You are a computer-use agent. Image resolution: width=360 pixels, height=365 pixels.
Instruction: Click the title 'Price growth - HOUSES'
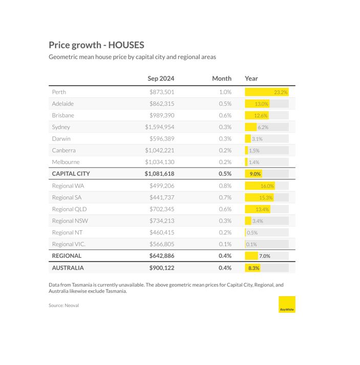[x=96, y=45]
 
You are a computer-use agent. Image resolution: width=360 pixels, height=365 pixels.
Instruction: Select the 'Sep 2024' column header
[x=161, y=78]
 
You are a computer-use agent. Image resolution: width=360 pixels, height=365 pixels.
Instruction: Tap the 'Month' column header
[x=222, y=78]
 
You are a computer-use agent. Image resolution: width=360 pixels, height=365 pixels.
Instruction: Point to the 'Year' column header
[x=251, y=78]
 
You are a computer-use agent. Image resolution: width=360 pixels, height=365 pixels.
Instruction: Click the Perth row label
[x=59, y=92]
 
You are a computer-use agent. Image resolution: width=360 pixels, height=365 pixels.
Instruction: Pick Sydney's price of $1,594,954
[x=160, y=127]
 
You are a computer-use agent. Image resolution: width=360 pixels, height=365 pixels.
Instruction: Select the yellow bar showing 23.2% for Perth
[x=267, y=92]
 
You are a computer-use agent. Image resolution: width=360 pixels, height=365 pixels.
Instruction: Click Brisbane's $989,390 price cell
[x=162, y=115]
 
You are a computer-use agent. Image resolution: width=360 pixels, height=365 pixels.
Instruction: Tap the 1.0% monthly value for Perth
[x=225, y=92]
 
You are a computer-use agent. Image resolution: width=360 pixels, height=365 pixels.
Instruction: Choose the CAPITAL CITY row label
[x=71, y=174]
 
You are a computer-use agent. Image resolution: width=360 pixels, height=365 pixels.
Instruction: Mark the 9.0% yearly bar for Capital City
[x=253, y=174]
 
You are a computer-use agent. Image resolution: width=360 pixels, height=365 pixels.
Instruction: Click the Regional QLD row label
[x=69, y=209]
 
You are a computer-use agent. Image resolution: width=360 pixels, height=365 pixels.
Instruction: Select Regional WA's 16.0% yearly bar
[x=260, y=186]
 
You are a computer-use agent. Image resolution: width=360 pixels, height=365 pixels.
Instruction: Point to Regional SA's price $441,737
[x=162, y=197]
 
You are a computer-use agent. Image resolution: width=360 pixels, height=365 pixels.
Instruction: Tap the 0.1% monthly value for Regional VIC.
[x=225, y=244]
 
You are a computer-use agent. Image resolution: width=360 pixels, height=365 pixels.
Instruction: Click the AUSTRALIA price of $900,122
[x=162, y=268]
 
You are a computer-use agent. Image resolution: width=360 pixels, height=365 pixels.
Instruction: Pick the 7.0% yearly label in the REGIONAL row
[x=265, y=256]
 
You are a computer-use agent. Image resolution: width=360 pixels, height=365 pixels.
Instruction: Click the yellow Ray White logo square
[x=287, y=305]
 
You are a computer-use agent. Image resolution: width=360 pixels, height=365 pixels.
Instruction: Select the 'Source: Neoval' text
[x=63, y=306]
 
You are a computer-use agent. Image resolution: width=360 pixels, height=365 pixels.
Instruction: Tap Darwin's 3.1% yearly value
[x=257, y=139]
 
